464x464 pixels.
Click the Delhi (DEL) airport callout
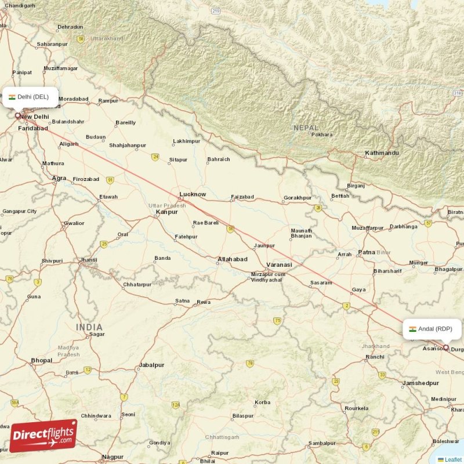pos(30,97)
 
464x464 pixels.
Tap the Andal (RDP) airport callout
pos(432,329)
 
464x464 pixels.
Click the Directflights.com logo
pos(43,436)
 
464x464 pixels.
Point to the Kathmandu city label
pos(382,153)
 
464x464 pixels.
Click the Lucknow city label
pos(193,194)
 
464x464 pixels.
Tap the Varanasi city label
pos(280,264)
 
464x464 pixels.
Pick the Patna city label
pos(367,252)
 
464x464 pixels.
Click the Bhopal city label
pos(41,360)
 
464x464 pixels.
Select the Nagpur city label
pos(113,457)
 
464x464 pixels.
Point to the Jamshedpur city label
pos(420,383)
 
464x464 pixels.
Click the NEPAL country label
pos(306,128)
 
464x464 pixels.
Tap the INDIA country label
pos(89,328)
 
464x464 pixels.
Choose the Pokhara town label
pos(322,135)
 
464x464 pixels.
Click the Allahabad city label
pos(233,259)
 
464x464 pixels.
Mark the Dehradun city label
pos(70,27)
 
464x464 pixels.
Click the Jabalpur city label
pos(151,365)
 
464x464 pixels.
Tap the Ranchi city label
pos(375,357)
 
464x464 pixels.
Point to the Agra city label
pos(59,179)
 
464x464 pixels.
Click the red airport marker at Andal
pos(445,348)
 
